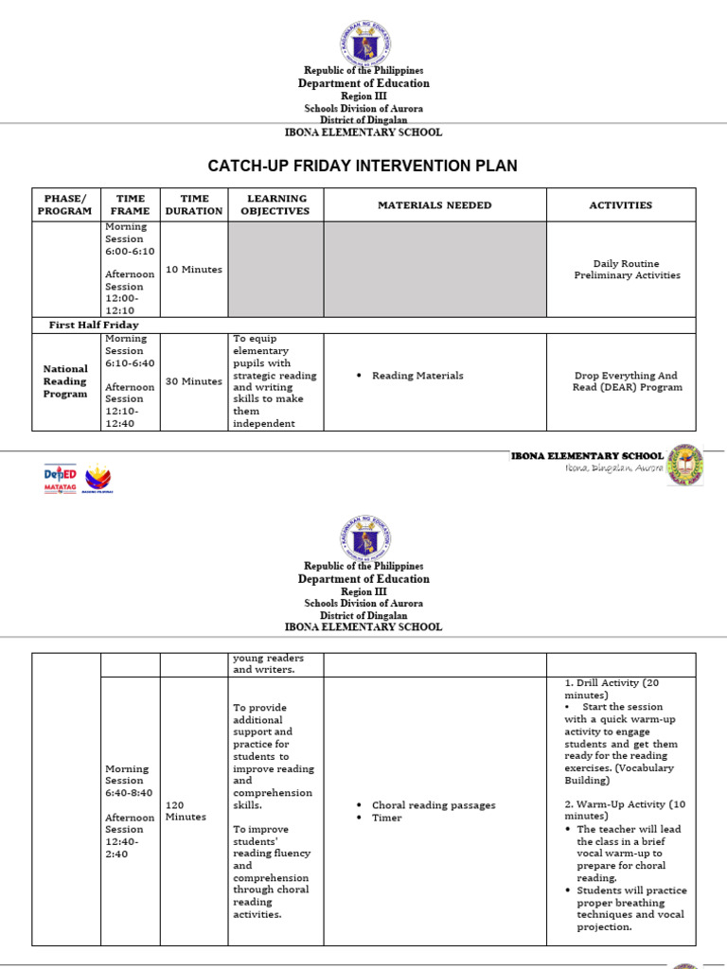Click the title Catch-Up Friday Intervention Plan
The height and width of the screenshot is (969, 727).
[x=363, y=166]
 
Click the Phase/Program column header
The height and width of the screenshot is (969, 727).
[x=65, y=204]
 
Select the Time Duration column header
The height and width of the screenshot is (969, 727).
[x=194, y=204]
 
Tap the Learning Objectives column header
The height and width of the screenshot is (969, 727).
[x=275, y=204]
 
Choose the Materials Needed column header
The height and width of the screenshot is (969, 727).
[x=434, y=204]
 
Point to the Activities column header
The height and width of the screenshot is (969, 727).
[x=621, y=204]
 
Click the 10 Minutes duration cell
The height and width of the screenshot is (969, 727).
[x=194, y=270]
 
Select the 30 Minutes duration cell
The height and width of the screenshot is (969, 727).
[x=194, y=381]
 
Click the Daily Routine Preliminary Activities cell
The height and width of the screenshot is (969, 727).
[x=627, y=270]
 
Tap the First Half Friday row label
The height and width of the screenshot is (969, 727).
[x=94, y=325]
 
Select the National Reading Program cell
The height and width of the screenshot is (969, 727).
[x=65, y=381]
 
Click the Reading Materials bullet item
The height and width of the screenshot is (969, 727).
[x=417, y=376]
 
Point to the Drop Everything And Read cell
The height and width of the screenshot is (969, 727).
[x=627, y=381]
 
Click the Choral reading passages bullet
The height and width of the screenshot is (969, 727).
[x=434, y=805]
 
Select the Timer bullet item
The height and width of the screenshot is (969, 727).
[x=387, y=818]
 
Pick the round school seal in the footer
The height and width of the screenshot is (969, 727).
[x=685, y=466]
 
